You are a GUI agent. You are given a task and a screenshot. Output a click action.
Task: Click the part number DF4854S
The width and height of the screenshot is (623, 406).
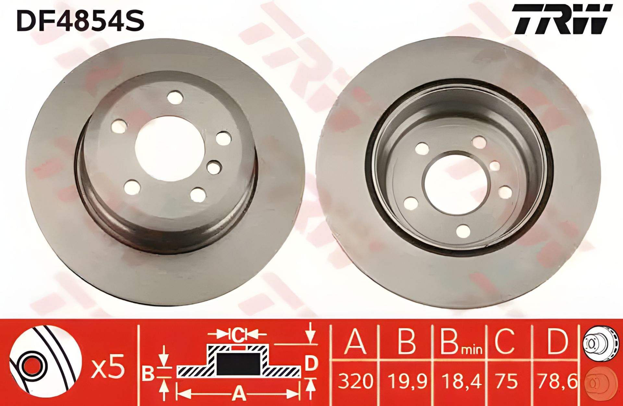point(80,20)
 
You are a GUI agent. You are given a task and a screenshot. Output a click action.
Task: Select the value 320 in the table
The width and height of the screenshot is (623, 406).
point(355,381)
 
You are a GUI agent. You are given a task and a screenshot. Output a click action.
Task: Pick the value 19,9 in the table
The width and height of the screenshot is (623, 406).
point(407,381)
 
